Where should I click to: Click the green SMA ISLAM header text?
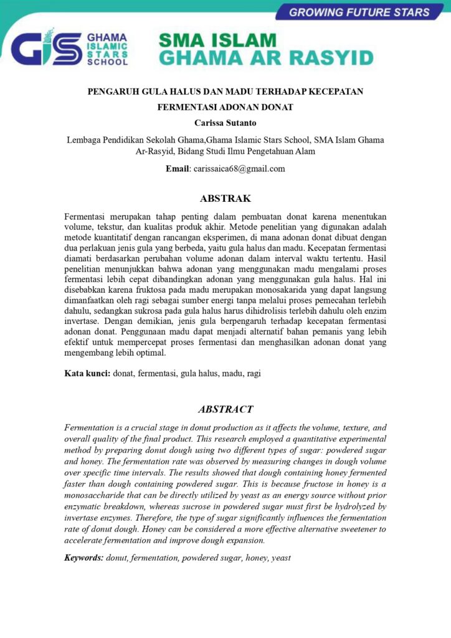pos(217,40)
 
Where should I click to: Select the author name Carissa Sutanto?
pos(225,123)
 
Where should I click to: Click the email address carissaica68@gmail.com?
pos(239,168)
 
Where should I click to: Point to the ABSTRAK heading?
pos(225,199)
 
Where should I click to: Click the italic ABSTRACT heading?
pos(225,409)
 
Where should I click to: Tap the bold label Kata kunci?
pos(88,373)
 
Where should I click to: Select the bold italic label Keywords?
pos(84,558)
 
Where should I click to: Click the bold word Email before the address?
pos(178,168)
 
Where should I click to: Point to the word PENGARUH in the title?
pos(113,92)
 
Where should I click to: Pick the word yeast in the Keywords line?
pos(281,558)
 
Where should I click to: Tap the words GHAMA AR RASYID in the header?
pos(266,59)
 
